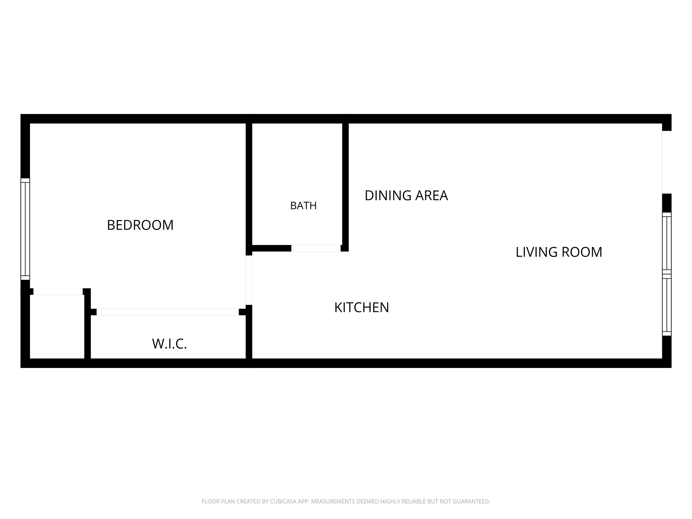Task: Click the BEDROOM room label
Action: tap(140, 225)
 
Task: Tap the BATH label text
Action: tap(303, 205)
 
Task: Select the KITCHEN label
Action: tap(362, 307)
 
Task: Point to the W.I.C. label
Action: tap(169, 344)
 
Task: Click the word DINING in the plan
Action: tap(388, 196)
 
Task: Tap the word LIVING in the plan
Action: tap(536, 252)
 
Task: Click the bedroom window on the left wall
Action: tap(25, 229)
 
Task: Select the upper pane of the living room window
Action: tap(667, 243)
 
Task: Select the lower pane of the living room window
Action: tap(667, 305)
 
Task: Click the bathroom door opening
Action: tap(316, 248)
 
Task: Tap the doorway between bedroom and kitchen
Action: tap(249, 280)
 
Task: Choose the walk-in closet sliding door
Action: tap(168, 312)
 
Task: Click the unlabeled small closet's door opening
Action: tap(58, 291)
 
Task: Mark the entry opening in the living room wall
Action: tap(667, 162)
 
